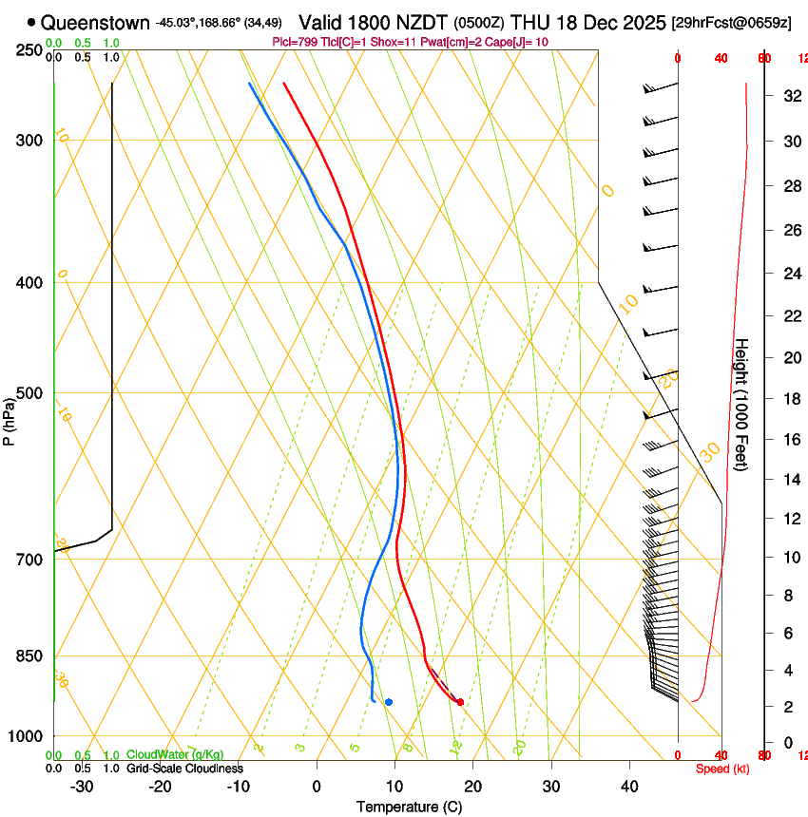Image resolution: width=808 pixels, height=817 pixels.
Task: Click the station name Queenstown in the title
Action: [95, 21]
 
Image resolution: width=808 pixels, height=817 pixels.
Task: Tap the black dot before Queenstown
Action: [31, 21]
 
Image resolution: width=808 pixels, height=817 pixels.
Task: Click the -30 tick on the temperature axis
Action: [82, 786]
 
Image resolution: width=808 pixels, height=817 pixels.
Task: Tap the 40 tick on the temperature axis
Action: [629, 786]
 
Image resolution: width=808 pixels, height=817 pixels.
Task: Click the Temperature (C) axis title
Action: [409, 807]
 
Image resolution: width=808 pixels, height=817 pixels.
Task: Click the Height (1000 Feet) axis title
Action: [741, 405]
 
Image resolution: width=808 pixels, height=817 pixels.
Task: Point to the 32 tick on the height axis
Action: [790, 95]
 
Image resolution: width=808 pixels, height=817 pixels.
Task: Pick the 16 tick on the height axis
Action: [790, 439]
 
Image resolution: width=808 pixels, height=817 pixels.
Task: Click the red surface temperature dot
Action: [460, 702]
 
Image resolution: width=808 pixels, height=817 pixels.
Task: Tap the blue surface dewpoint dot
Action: [389, 702]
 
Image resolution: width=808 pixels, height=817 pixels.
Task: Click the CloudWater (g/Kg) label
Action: [176, 754]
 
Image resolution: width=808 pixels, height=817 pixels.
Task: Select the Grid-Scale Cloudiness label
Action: [184, 768]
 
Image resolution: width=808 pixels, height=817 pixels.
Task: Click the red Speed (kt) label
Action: [722, 769]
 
